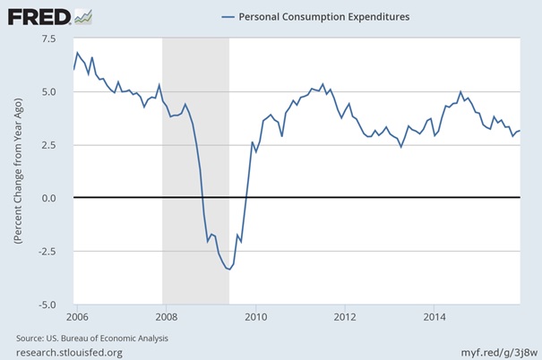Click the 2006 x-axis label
click(x=77, y=316)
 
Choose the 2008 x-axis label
click(x=166, y=316)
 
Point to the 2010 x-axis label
click(x=255, y=316)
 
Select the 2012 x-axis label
click(x=345, y=316)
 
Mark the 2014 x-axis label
click(x=434, y=316)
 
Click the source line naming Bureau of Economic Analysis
click(x=92, y=338)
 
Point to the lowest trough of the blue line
click(x=229, y=270)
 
